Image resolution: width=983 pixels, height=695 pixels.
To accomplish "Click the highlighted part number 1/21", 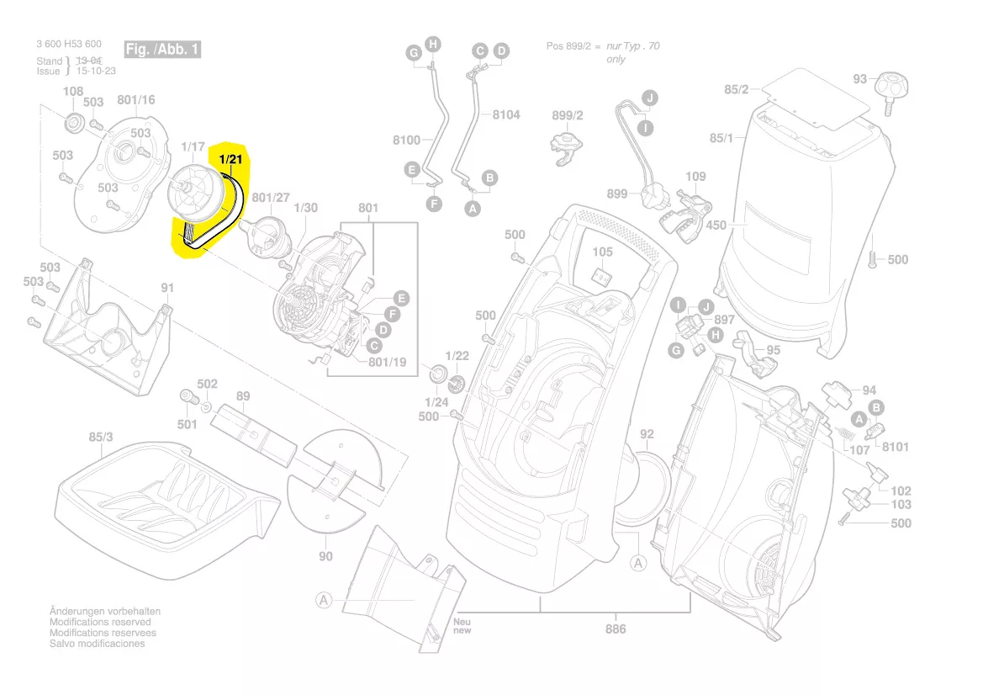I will (x=230, y=158).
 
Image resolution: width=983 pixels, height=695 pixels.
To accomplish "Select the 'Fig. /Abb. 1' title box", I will (x=162, y=50).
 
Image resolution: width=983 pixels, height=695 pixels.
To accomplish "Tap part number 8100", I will (x=407, y=141).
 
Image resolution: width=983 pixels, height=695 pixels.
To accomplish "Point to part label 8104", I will (x=506, y=114).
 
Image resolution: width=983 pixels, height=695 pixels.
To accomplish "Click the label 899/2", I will (x=568, y=115).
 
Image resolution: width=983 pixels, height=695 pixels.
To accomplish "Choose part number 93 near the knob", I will (x=859, y=79).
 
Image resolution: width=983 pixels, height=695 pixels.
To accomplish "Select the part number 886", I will (x=616, y=629).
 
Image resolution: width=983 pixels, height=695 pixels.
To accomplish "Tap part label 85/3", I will (x=100, y=438).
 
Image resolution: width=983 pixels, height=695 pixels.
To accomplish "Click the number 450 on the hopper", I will (x=716, y=225).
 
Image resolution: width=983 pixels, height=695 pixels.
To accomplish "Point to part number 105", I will (x=602, y=252).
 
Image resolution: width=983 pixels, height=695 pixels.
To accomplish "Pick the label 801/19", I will (x=387, y=363).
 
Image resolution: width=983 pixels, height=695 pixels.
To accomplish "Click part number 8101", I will (x=895, y=447).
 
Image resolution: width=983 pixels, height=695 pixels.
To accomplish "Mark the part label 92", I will (x=647, y=434).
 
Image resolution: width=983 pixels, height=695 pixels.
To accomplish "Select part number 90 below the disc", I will (x=325, y=556).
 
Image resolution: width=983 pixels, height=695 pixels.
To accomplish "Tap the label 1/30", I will (x=306, y=208).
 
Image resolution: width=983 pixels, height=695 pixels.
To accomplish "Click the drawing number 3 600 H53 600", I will (x=69, y=45).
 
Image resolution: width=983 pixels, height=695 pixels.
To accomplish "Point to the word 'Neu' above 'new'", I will (x=462, y=622).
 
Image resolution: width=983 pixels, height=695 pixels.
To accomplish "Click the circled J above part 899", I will (x=649, y=98).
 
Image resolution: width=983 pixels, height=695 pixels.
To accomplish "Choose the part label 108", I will (x=73, y=92).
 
